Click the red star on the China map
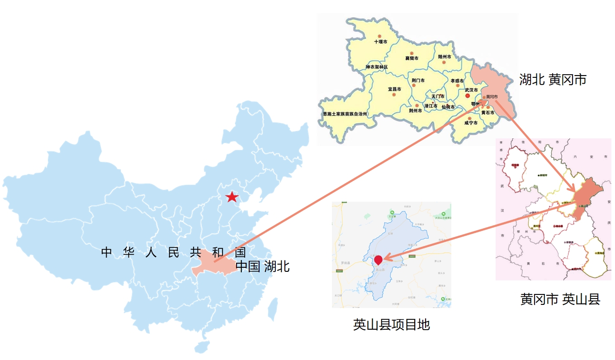pos(232,197)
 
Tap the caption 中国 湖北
pos(263,266)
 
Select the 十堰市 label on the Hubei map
pos(381,42)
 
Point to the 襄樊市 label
pos(412,58)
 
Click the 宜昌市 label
pos(394,89)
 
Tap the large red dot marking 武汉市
pos(468,96)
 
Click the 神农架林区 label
pos(377,67)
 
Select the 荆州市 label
pos(415,110)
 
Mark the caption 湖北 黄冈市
pos(553,80)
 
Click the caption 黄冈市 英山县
pos(560,299)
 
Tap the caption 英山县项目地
pos(391,325)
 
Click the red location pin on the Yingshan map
pos(378,260)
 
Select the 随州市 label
pos(445,57)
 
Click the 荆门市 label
pos(418,81)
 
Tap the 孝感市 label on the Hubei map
pos(457,81)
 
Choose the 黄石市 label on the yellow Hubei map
pos(487,113)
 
